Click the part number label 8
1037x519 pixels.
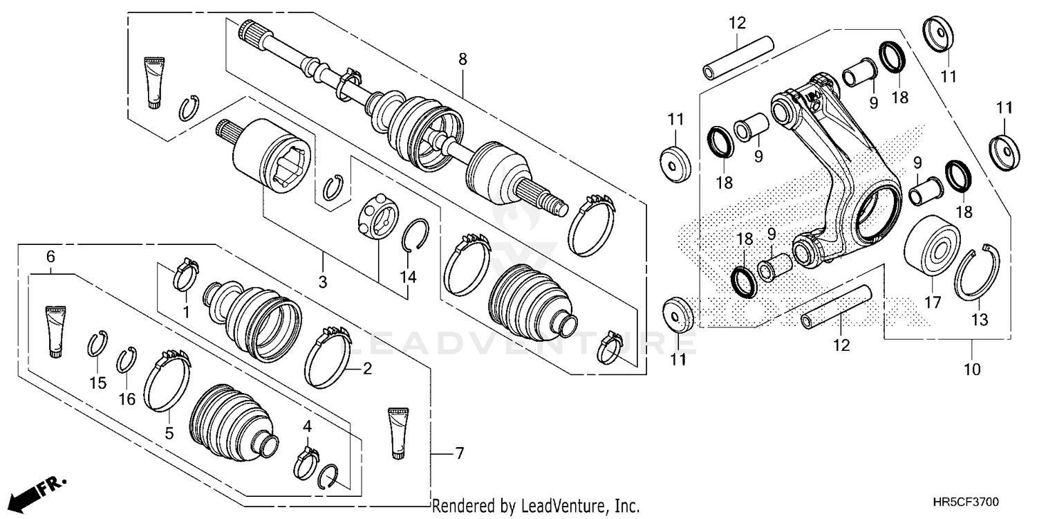(463, 60)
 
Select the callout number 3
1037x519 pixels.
(323, 282)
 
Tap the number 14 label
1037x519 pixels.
(408, 277)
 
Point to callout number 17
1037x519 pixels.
(933, 302)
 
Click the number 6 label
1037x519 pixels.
(50, 257)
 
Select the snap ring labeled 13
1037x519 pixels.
(977, 275)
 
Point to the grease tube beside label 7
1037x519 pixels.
(398, 432)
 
